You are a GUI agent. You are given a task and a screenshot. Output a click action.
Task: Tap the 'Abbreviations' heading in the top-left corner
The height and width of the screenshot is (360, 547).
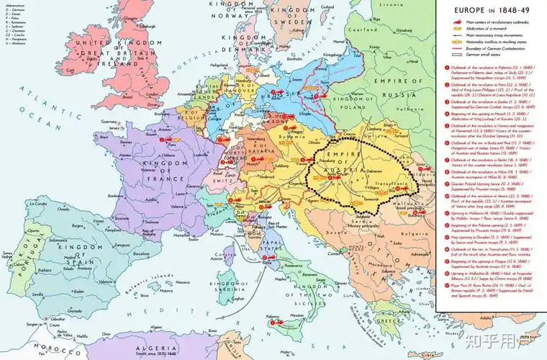click(15, 4)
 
